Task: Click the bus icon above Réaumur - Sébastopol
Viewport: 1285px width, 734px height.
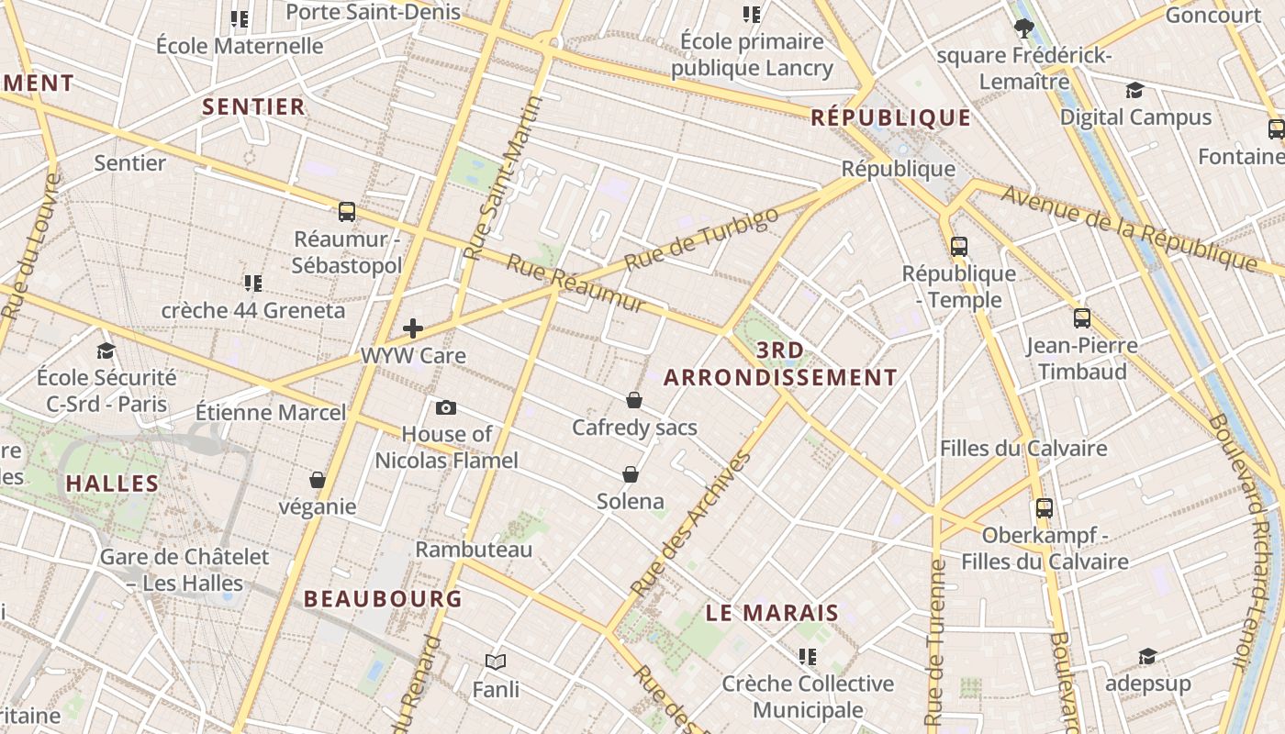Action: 347,212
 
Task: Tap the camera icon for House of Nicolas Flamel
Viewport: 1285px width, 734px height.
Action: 446,407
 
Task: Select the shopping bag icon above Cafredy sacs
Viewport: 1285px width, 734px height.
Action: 633,400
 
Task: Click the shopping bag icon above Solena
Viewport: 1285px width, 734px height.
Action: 631,474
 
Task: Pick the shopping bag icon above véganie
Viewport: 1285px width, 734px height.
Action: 318,480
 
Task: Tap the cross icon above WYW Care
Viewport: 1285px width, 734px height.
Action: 413,328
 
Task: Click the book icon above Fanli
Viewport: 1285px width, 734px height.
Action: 496,662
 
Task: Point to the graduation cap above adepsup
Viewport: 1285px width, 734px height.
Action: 1147,656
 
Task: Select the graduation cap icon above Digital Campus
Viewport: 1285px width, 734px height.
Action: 1135,90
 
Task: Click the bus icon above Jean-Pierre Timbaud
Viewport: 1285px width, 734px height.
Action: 1082,318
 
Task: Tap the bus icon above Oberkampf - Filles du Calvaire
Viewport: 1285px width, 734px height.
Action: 1045,507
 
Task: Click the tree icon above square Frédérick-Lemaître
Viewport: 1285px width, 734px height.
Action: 1024,28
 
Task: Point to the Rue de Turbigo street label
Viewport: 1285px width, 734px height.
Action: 701,239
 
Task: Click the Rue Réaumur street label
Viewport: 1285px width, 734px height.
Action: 576,284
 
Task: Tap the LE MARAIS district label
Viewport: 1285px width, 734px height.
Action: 772,613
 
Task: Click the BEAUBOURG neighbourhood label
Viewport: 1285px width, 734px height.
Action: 383,599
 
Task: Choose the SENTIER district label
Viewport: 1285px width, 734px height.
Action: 253,106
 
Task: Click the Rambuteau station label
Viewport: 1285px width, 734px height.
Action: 474,550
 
